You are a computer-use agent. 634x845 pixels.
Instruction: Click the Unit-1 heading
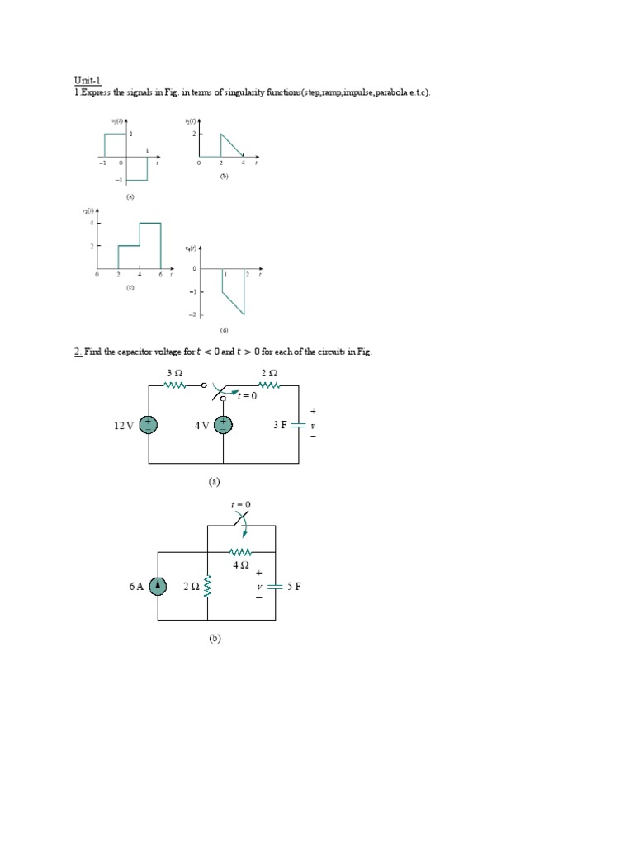coord(86,80)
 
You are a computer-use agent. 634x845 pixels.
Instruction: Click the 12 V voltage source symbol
coord(149,425)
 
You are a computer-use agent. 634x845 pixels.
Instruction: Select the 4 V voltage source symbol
coord(224,425)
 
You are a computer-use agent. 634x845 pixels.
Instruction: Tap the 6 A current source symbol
coord(158,587)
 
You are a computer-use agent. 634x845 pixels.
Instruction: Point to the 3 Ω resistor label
coord(174,372)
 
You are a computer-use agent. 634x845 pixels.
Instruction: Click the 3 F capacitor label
coord(281,425)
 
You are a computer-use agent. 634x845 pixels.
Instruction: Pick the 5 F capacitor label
coord(295,587)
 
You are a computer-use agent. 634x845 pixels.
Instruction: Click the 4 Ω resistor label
coord(241,565)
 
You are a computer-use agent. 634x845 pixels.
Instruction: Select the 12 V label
coord(124,425)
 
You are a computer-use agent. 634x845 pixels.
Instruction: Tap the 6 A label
coord(136,587)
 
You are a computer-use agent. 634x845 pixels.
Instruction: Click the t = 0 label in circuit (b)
coord(241,504)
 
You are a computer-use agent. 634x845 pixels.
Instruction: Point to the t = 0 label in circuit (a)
coord(247,396)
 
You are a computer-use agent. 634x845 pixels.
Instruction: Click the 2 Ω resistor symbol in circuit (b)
coord(207,587)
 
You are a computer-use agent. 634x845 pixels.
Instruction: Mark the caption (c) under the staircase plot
coord(130,288)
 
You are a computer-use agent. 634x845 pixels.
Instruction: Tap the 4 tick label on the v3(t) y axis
coord(92,223)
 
